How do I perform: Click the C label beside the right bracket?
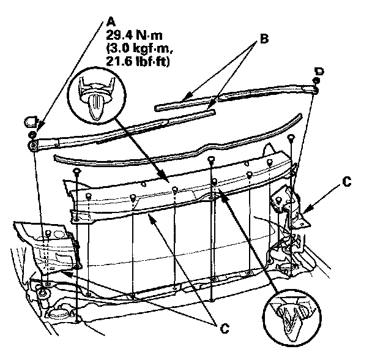(x=347, y=182)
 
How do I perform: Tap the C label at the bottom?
(x=224, y=329)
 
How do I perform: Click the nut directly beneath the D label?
(x=316, y=81)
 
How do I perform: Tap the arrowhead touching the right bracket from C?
(x=305, y=211)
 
